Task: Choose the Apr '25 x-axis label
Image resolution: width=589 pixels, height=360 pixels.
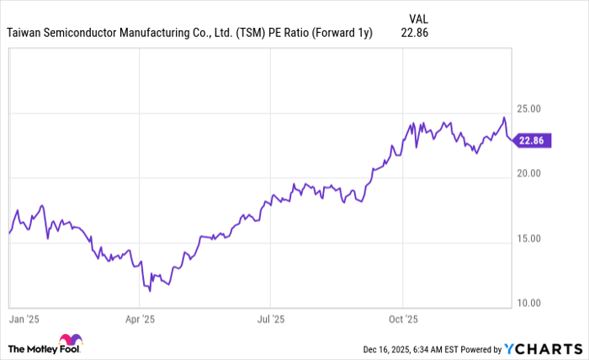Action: (140, 320)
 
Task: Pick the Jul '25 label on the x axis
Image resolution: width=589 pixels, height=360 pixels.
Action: (270, 320)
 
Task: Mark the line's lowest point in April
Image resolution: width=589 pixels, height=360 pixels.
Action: (150, 290)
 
